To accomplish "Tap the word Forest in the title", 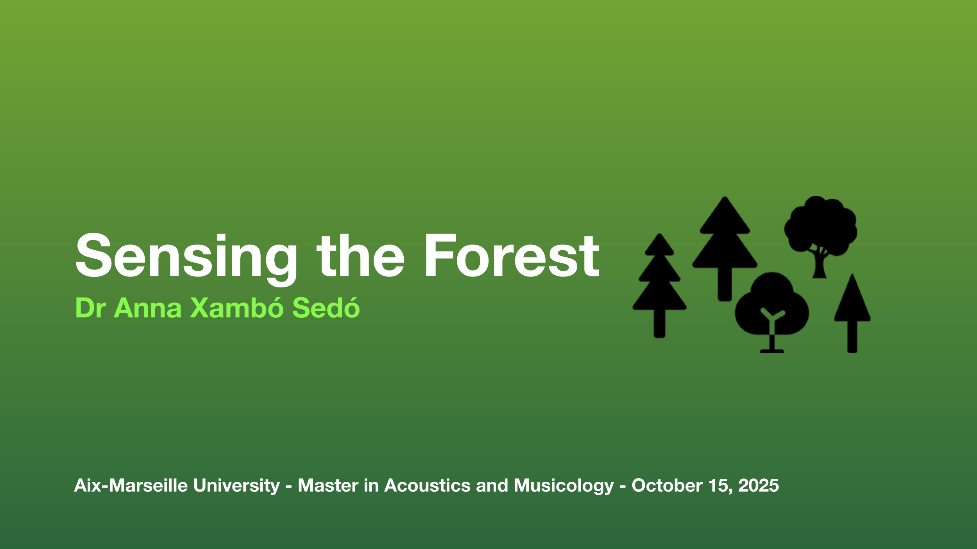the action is [512, 256].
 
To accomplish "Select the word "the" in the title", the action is [360, 256].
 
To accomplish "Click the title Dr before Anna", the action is [90, 308].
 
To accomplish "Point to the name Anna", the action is [148, 308].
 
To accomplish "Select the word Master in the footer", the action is [328, 485].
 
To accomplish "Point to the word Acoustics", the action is [427, 485].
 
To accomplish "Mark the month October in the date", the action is [667, 485].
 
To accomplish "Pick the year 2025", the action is [759, 485].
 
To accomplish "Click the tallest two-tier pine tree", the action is [725, 249].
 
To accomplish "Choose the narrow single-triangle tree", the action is [852, 313].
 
